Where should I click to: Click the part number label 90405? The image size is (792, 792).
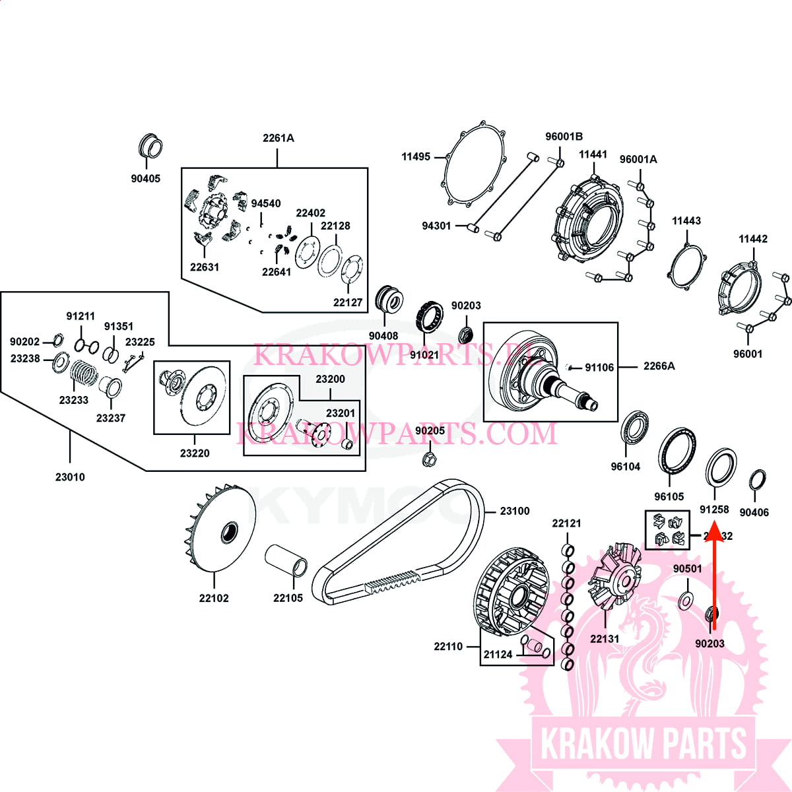click(x=145, y=178)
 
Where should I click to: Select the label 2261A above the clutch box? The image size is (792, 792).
click(x=278, y=138)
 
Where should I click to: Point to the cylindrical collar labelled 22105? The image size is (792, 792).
click(x=286, y=561)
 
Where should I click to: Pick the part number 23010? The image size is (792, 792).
click(x=70, y=477)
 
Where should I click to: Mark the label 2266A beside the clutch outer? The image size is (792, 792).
click(x=659, y=366)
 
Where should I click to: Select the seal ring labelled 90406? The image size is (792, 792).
click(x=758, y=480)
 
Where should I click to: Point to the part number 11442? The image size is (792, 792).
click(x=752, y=239)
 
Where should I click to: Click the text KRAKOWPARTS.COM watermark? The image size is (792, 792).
click(x=396, y=434)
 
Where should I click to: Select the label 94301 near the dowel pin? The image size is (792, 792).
click(x=436, y=226)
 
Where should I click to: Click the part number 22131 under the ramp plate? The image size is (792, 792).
click(x=605, y=638)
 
